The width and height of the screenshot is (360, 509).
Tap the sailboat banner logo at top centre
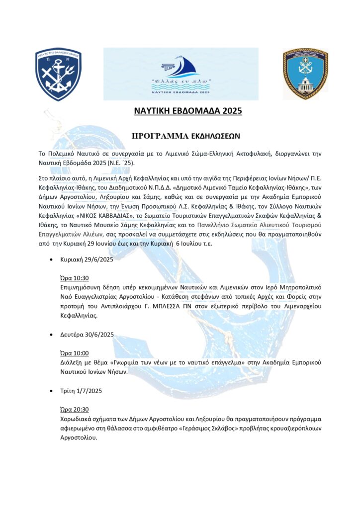(x=180, y=73)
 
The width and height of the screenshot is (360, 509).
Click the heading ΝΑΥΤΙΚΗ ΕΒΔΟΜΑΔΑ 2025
(x=188, y=110)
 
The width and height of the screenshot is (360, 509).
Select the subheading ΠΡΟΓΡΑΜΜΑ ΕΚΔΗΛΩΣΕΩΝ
(x=180, y=135)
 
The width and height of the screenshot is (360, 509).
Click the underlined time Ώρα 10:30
(x=74, y=278)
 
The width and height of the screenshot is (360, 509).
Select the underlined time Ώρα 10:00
(x=74, y=353)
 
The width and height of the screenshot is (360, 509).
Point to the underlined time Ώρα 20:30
(x=74, y=410)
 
